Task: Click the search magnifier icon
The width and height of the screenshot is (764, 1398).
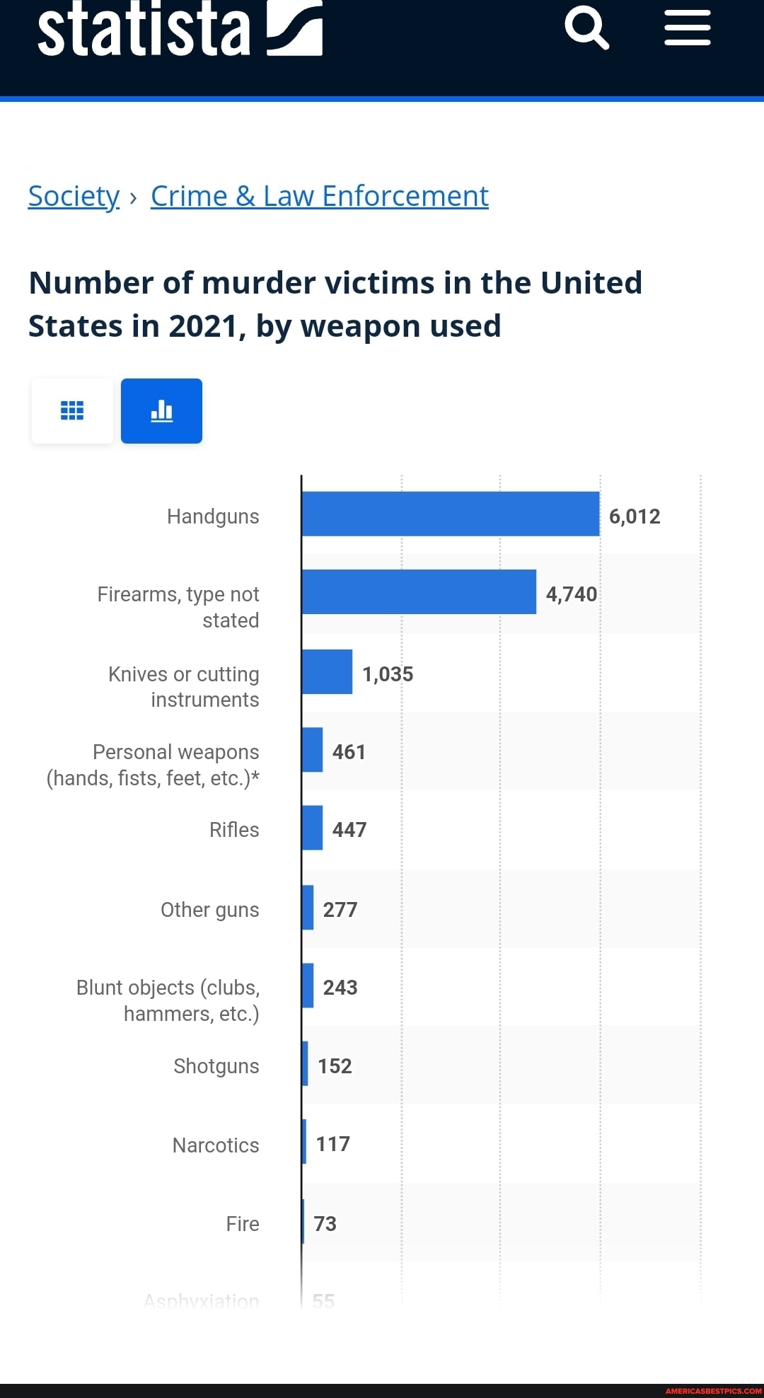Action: click(586, 28)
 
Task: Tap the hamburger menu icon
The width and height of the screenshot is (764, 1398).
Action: click(687, 28)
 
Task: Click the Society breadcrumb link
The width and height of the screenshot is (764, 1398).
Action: click(74, 196)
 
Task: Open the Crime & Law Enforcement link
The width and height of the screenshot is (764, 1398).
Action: click(319, 196)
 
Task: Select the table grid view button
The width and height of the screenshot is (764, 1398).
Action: click(72, 411)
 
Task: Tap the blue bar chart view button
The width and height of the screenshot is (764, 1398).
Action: click(161, 411)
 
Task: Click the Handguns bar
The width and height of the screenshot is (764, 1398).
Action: click(450, 514)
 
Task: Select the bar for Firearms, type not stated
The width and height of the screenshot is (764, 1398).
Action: click(419, 591)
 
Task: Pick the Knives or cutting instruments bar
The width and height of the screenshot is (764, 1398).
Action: click(327, 671)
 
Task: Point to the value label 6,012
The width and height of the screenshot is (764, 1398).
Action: click(635, 516)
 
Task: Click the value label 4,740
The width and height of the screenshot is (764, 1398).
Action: click(572, 594)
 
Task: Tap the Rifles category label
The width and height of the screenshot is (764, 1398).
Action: click(234, 830)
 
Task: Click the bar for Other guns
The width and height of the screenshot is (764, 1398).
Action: click(308, 907)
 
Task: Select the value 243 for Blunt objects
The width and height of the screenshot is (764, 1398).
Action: click(340, 988)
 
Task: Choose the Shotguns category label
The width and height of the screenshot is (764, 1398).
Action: click(216, 1066)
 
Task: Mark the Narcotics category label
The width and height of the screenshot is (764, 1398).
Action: click(216, 1145)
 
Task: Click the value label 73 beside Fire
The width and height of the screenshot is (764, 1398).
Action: click(325, 1224)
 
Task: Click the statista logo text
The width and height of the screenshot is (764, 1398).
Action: click(144, 30)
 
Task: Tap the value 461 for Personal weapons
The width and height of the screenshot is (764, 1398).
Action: click(349, 752)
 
